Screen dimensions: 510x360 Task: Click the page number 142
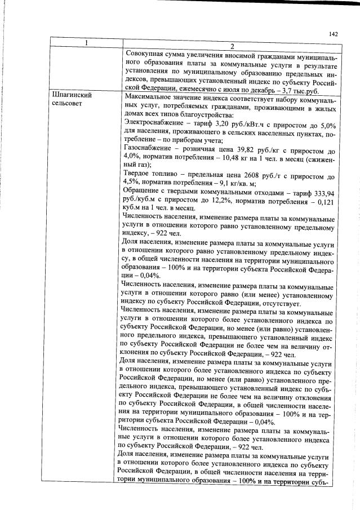(x=333, y=34)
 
